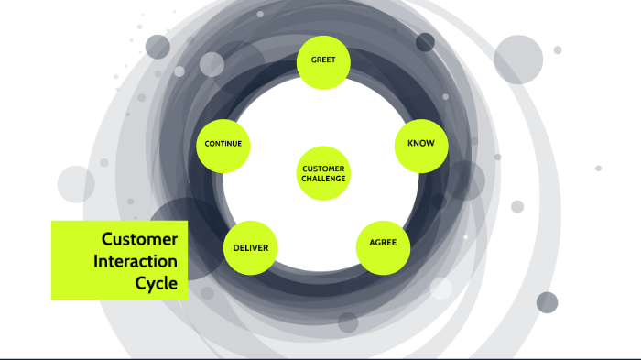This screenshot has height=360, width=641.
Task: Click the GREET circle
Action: point(324,61)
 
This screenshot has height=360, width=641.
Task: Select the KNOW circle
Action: point(421,144)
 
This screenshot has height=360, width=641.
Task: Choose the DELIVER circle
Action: point(250,248)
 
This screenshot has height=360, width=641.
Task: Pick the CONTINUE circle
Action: point(223,145)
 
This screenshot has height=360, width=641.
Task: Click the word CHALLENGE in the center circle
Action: point(324,179)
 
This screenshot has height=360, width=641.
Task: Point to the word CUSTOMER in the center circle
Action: point(324,169)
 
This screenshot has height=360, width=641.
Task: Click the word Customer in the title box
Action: point(139,239)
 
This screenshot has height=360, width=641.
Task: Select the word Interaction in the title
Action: point(136,261)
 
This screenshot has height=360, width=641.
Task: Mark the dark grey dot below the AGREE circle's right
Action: point(547,302)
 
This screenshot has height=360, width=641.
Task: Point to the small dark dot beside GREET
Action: point(425,42)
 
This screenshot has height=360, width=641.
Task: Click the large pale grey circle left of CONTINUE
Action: point(76,184)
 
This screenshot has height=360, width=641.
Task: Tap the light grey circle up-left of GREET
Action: point(212,64)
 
